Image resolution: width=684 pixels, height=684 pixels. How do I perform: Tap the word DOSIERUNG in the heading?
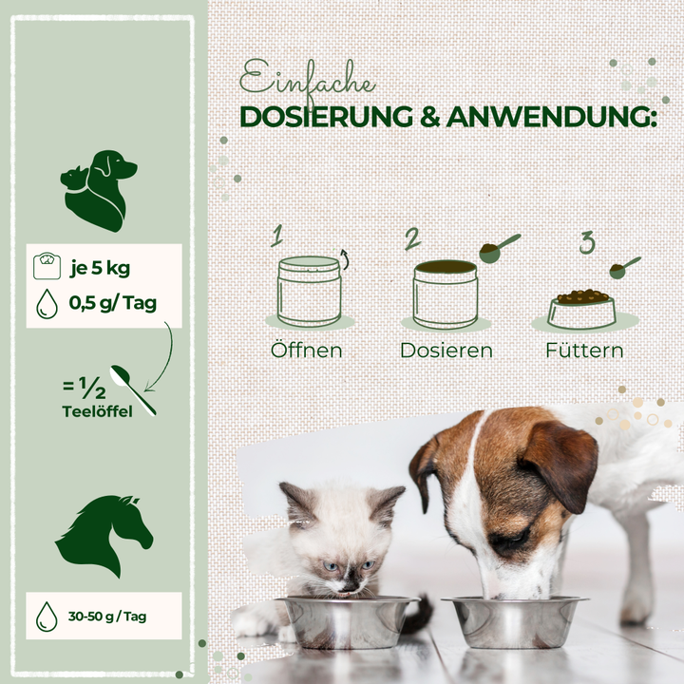coord(326,117)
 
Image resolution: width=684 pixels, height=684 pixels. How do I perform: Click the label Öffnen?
coord(307,351)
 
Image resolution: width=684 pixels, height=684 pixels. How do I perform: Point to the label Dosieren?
coord(446,351)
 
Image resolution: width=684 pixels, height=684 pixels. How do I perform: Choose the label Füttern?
coord(584,351)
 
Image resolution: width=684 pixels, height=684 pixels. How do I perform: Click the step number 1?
coord(276,236)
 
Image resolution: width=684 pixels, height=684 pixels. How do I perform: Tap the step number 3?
coord(587,242)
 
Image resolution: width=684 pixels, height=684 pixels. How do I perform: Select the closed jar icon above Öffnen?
coord(310,291)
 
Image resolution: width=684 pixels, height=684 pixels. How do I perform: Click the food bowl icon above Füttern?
coord(582,309)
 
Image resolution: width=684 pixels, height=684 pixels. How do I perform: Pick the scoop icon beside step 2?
coord(500,248)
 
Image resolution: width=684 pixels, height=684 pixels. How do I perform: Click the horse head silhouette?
coord(104,536)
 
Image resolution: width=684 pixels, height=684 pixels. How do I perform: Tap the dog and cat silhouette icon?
coord(99,191)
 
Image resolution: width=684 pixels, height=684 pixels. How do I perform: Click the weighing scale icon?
coord(47,266)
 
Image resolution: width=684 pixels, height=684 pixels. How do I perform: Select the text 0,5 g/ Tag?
coord(112,303)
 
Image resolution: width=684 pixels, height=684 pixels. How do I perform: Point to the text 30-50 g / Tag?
coord(107,617)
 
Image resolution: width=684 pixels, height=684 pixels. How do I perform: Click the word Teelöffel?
coord(97,411)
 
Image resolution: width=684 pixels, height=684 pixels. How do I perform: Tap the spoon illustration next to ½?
coord(133,390)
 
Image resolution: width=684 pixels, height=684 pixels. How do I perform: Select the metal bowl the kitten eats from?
coord(348,621)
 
